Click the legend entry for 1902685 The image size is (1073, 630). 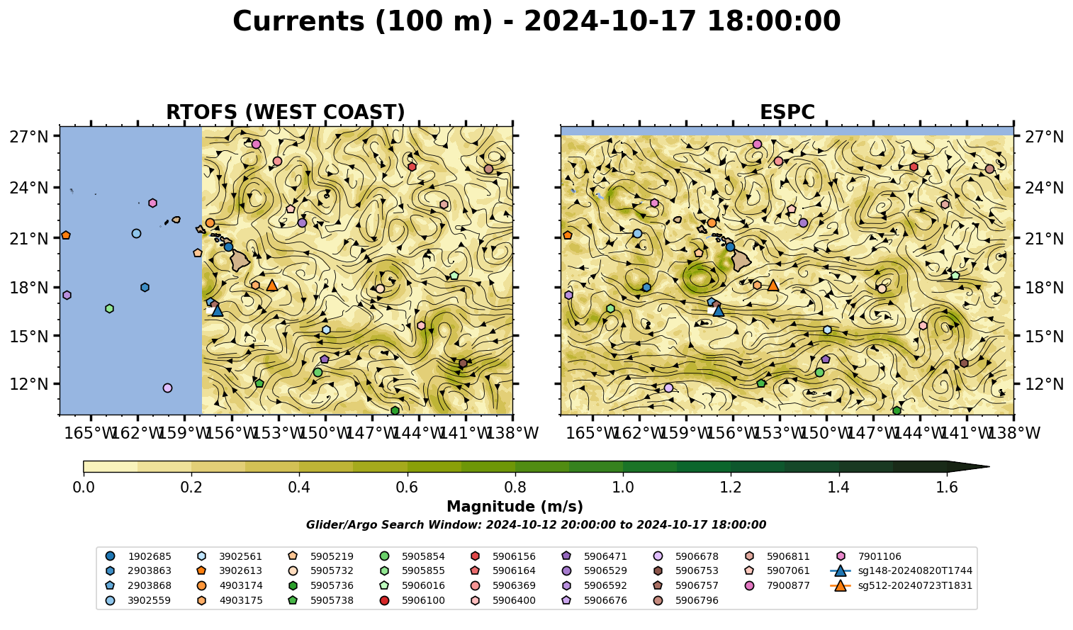138,556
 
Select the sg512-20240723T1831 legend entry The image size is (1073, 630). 901,585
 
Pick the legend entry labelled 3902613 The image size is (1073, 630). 229,570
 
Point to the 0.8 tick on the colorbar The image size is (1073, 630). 515,488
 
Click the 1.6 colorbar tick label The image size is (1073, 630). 947,488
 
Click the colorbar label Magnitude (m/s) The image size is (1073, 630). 515,507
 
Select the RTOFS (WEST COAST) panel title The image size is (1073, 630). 286,112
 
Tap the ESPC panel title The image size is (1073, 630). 787,112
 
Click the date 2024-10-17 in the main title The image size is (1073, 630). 609,21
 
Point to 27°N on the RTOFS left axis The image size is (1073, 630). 29,137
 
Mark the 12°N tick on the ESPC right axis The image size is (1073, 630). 1044,384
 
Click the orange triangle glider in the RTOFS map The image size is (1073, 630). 272,286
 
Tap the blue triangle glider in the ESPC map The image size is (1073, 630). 719,311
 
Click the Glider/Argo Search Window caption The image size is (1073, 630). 536,525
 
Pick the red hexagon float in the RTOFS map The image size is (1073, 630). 412,167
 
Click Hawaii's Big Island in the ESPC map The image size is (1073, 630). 741,260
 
